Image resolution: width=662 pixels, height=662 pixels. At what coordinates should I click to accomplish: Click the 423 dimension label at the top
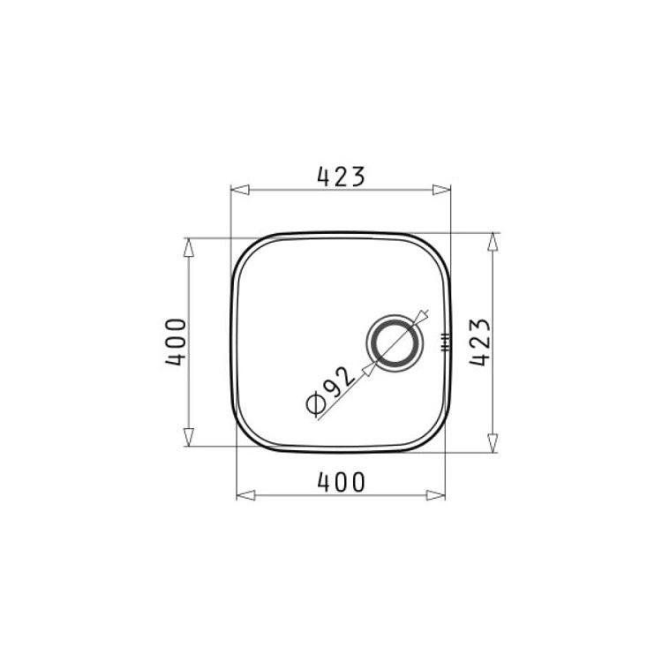tap(341, 177)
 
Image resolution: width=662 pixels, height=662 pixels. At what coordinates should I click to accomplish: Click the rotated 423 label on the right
tap(480, 342)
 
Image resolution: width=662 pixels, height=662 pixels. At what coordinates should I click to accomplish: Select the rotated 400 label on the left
tap(176, 342)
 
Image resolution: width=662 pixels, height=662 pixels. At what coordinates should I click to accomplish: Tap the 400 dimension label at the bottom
tap(341, 483)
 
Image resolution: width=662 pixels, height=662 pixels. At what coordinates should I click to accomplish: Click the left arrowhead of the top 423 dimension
tap(240, 190)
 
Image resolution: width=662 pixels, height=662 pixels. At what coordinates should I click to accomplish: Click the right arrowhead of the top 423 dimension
tap(441, 190)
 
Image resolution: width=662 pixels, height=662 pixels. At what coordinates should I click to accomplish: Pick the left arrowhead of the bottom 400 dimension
tap(245, 495)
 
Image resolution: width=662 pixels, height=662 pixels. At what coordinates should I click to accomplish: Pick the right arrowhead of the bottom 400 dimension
tap(436, 495)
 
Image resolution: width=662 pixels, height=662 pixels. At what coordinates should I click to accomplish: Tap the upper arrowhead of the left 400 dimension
tap(189, 247)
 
